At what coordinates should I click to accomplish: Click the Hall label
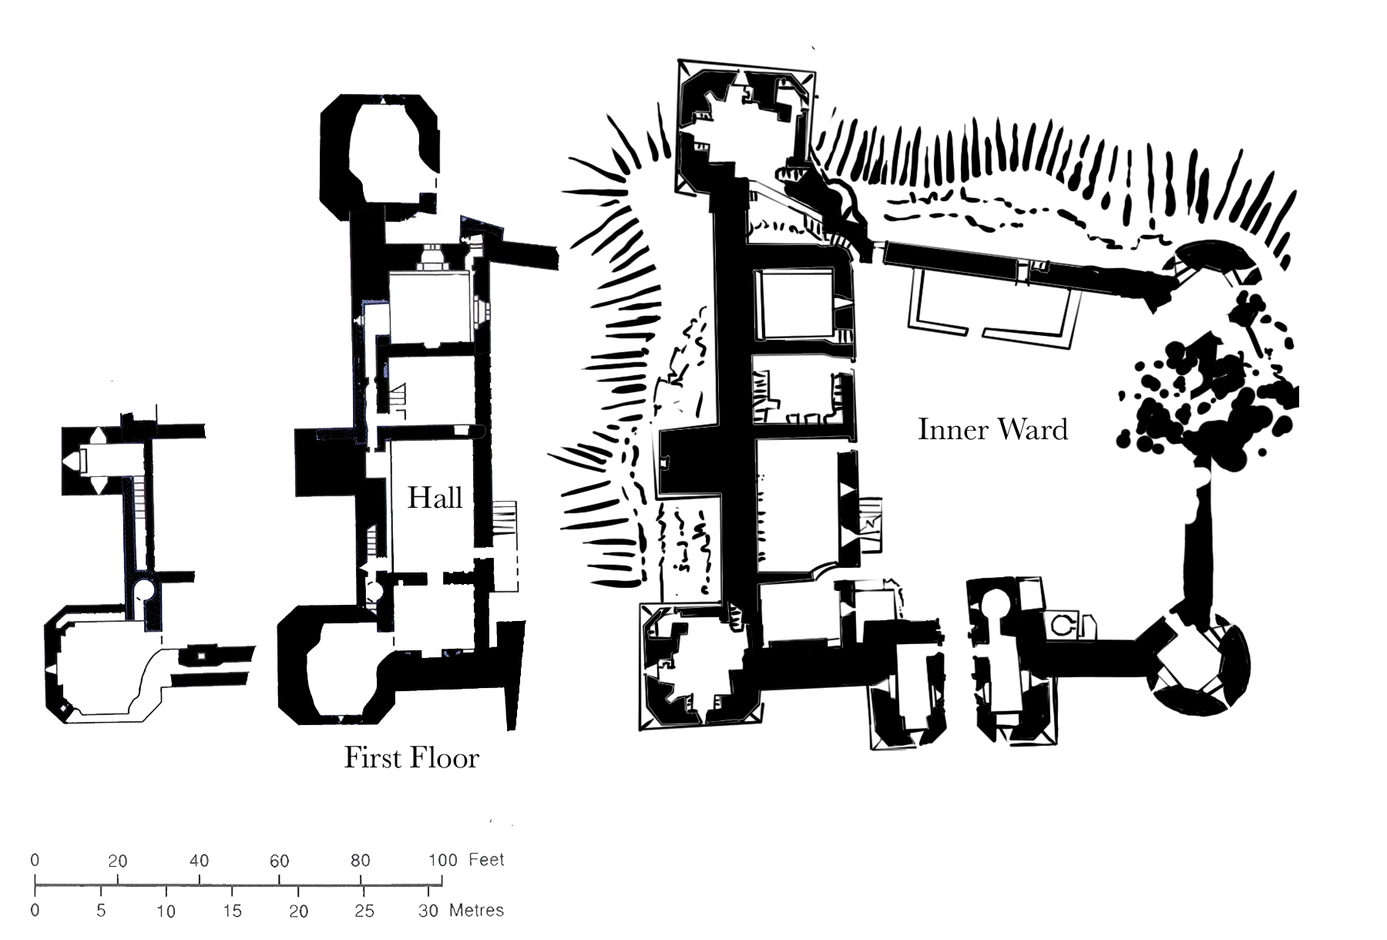[435, 498]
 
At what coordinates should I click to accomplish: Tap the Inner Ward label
[992, 429]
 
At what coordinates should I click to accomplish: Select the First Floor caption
[411, 758]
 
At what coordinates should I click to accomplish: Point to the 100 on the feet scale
[442, 860]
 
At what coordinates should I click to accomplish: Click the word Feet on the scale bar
[486, 860]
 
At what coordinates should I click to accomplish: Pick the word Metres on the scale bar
[476, 911]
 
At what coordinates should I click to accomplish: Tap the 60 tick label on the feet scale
[279, 861]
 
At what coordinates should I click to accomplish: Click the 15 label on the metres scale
[232, 911]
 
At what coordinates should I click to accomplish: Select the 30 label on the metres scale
[428, 911]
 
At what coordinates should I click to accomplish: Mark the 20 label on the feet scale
[117, 861]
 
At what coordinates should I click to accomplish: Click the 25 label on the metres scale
[364, 911]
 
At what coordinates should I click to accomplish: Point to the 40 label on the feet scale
[199, 861]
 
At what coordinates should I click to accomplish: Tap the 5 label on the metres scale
[101, 911]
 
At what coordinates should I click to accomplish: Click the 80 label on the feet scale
[361, 861]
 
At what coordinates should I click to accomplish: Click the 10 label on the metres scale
[166, 911]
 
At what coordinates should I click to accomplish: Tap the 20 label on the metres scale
[298, 911]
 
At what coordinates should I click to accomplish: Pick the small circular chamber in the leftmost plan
[144, 590]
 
